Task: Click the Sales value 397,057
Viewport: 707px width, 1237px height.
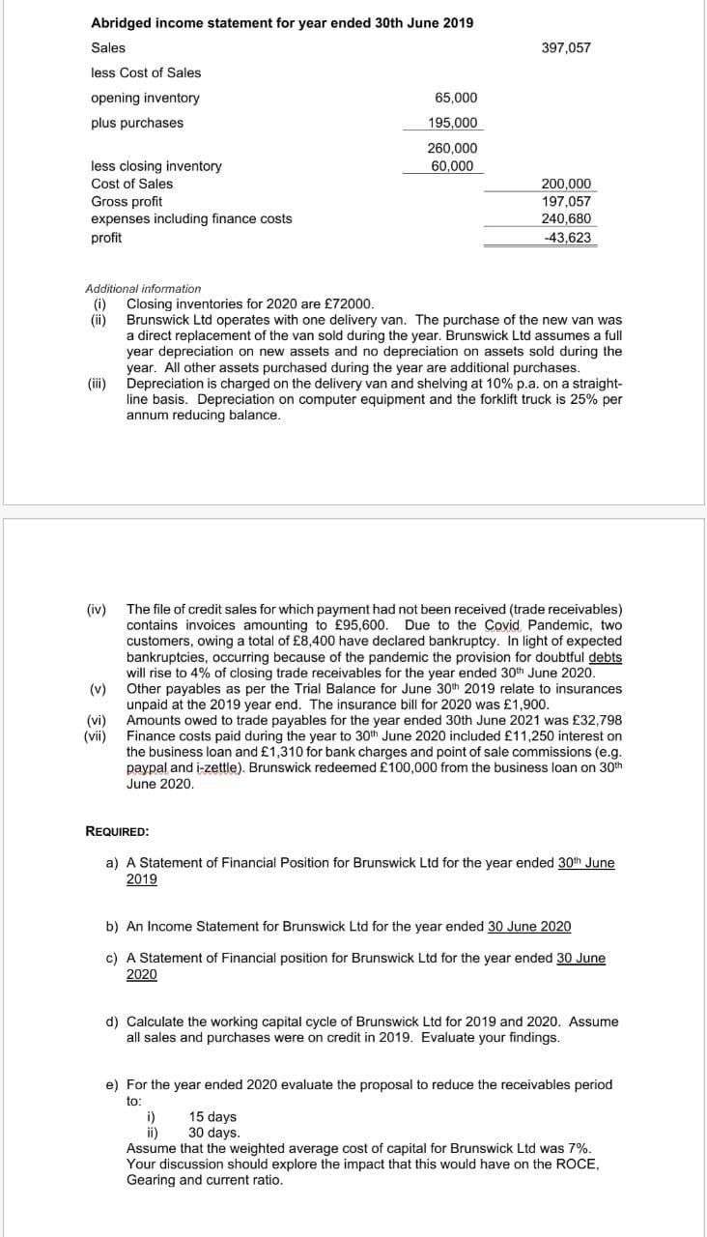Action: point(566,47)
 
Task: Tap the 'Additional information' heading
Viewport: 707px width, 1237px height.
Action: point(143,288)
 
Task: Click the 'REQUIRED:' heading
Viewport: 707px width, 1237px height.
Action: point(117,830)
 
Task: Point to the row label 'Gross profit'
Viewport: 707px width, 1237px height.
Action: point(126,201)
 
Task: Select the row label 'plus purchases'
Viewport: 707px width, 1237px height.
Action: point(136,123)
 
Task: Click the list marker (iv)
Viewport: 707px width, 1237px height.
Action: point(99,610)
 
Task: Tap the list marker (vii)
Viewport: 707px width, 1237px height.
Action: point(97,736)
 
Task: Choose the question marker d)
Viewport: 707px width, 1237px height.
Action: point(112,1021)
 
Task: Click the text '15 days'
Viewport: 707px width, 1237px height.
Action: point(212,1117)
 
